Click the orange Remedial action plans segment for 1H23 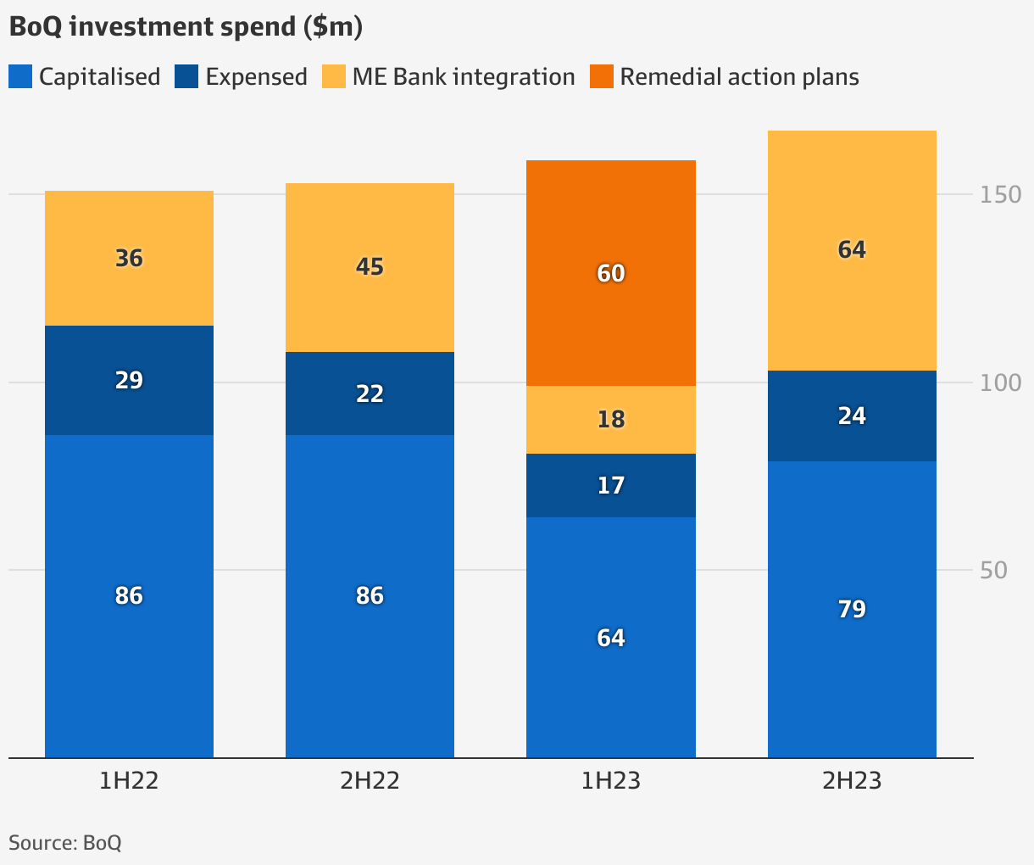[610, 273]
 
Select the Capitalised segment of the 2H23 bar [852, 609]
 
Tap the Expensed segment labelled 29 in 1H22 [129, 380]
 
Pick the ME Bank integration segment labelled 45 [370, 267]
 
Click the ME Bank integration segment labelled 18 [610, 420]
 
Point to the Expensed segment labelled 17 [610, 485]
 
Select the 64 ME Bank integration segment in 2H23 [852, 250]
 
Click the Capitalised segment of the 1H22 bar [129, 595]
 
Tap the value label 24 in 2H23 [852, 416]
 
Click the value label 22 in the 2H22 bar [370, 393]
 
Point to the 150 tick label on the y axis [1001, 195]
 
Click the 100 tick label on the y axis [1001, 382]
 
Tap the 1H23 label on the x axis [610, 780]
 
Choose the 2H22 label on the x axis [370, 780]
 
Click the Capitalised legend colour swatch [20, 76]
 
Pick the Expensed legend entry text [256, 76]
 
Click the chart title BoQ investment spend [186, 26]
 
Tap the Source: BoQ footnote [65, 843]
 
